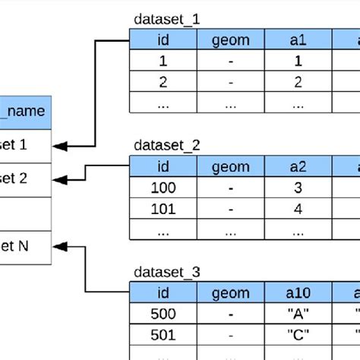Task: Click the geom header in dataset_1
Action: [x=229, y=40]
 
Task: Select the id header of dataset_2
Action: [x=162, y=166]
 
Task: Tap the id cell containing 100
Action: [x=162, y=187]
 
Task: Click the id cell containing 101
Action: [x=162, y=207]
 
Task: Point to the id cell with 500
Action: [x=162, y=313]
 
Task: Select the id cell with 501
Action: [x=162, y=333]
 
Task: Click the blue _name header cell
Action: [x=24, y=112]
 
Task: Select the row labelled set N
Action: [x=24, y=245]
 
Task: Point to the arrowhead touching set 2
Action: [x=58, y=179]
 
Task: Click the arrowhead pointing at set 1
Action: [x=58, y=144]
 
